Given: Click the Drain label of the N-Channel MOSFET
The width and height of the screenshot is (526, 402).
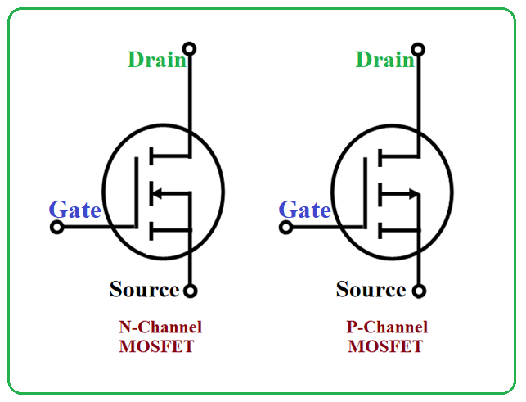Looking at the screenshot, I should point(156,60).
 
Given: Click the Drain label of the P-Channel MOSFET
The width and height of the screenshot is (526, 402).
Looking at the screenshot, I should point(384,60).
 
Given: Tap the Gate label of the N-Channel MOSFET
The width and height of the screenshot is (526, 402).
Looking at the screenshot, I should point(74,210).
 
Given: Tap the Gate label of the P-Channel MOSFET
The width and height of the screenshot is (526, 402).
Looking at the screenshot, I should point(304,210).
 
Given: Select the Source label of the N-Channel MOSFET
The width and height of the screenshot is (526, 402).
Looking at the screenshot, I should point(144,289).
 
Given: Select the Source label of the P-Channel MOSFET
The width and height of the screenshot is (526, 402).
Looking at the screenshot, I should point(371,289).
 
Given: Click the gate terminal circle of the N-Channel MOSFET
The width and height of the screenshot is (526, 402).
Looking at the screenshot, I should point(56,228).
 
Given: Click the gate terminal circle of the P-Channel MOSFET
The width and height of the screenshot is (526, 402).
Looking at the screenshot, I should point(285,228).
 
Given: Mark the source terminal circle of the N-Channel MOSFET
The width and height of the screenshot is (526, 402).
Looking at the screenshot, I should point(190,290).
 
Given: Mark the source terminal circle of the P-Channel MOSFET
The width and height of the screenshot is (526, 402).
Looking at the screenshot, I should point(419,290).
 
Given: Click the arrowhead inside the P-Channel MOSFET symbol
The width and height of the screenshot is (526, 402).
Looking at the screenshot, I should point(416,194).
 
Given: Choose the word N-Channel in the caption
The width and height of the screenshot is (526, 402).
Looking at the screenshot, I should point(160,327).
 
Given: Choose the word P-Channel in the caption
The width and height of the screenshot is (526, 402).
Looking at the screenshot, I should point(387,327).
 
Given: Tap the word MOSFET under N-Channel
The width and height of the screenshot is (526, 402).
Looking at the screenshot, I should point(156,346).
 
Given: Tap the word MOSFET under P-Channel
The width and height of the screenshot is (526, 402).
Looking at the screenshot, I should point(385,346).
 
